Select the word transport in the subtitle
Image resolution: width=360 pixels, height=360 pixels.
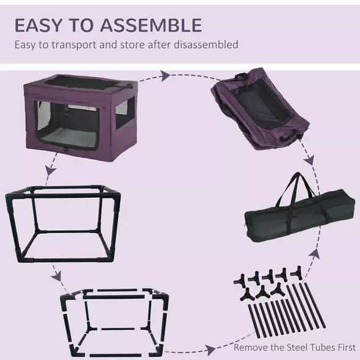[x=80, y=45]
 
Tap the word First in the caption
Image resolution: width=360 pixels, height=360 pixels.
[x=344, y=348]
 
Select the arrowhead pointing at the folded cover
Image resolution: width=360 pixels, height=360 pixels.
[x=165, y=76]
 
